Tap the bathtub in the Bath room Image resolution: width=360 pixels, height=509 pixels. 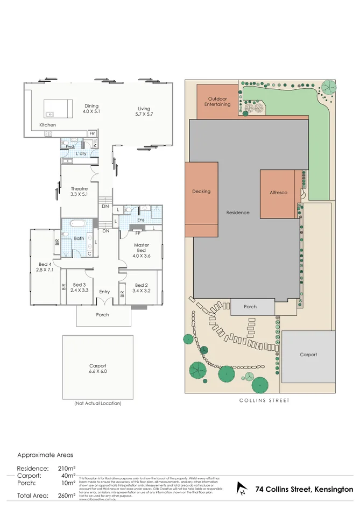coord(79,223)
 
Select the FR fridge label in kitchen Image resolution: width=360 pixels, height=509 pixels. coord(92,133)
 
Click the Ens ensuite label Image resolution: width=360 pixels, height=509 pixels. coord(141,220)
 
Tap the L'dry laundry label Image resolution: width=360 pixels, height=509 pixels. coord(81,154)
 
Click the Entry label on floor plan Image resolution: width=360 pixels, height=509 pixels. coord(104,292)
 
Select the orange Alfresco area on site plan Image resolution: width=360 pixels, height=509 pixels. coord(277,194)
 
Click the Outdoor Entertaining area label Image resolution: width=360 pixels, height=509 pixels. coord(219,101)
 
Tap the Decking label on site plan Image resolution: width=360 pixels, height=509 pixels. coord(201,192)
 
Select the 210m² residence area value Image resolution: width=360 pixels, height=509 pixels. coord(67,469)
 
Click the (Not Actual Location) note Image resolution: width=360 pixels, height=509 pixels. coord(97,403)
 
